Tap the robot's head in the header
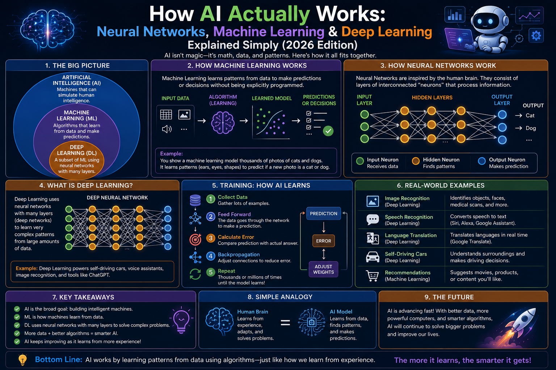486,20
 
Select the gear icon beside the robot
536,36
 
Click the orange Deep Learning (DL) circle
77,160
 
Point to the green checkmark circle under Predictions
328,131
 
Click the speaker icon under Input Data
167,129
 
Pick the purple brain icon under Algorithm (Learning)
223,123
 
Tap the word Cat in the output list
530,116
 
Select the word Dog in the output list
531,128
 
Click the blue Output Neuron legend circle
482,161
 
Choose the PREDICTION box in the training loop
324,214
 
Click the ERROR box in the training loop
323,241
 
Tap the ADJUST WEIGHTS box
323,270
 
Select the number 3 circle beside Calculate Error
210,238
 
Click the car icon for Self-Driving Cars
372,257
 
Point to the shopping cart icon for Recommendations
372,276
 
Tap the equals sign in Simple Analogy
285,322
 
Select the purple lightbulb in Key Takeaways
181,320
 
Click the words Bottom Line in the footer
59,360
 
